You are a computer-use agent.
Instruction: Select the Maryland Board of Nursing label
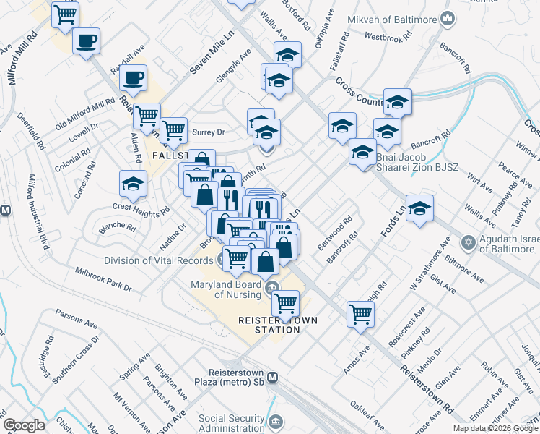click(226, 289)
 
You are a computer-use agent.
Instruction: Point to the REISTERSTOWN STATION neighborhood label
click(269, 325)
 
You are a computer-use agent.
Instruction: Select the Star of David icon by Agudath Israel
click(469, 242)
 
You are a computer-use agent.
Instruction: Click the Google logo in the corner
click(24, 425)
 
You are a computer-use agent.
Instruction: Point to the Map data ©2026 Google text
click(495, 428)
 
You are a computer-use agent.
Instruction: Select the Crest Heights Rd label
click(141, 206)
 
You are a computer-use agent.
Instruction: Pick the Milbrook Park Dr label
click(104, 278)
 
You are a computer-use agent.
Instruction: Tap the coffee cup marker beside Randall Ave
click(134, 77)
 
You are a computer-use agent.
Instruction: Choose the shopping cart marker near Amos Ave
click(360, 314)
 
